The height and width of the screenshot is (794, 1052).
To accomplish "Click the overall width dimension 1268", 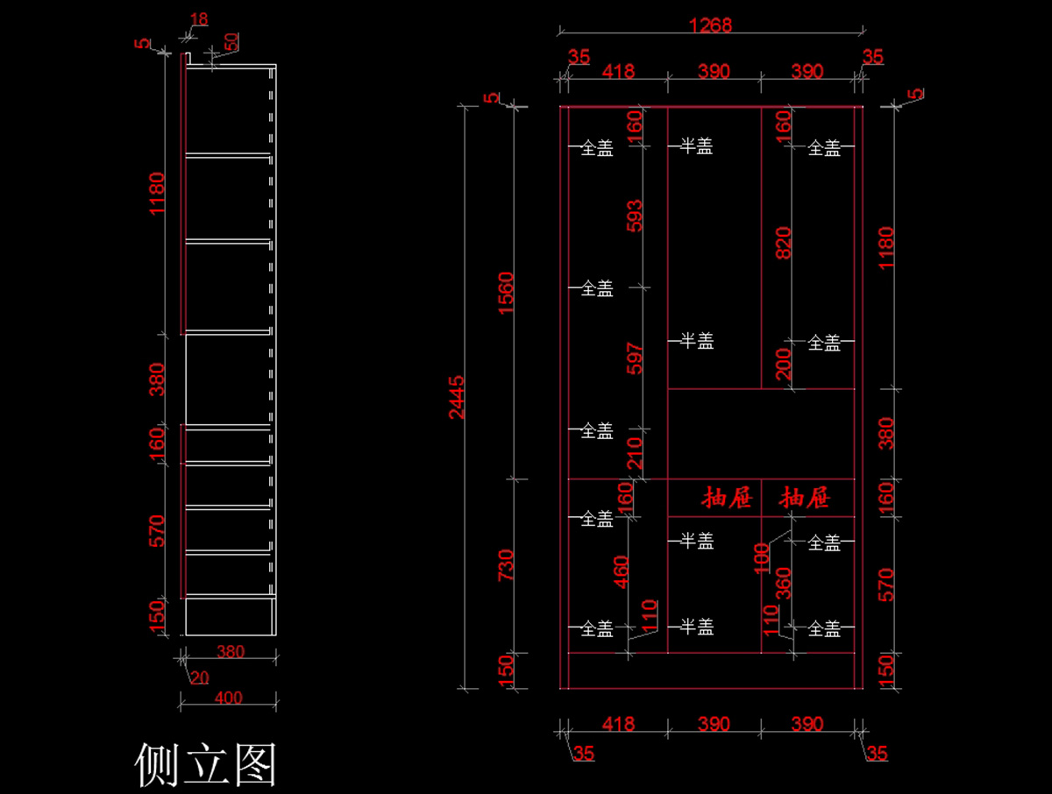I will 710,25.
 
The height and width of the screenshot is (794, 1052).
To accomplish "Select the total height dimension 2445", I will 458,397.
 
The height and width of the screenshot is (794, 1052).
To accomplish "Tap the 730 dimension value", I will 507,566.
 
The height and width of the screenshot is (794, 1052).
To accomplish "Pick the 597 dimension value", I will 635,359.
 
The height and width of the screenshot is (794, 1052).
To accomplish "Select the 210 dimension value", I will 635,453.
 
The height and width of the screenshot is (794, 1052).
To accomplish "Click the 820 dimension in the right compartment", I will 784,243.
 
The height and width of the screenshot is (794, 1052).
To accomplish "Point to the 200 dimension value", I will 784,363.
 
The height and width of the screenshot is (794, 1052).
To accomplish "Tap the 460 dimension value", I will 621,571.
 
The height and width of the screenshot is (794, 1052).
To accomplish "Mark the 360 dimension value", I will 784,582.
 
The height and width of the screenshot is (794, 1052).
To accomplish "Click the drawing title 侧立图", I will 206,764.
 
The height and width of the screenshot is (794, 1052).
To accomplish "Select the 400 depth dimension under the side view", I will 228,698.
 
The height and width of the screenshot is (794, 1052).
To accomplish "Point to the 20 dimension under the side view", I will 200,677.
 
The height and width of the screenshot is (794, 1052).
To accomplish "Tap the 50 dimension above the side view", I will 231,41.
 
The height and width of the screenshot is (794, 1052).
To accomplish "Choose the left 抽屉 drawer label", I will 727,499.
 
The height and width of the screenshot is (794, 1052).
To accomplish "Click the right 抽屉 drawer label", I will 806,499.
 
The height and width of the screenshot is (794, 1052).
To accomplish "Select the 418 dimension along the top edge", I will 618,72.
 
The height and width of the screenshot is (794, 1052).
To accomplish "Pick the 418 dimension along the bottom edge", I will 618,725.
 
